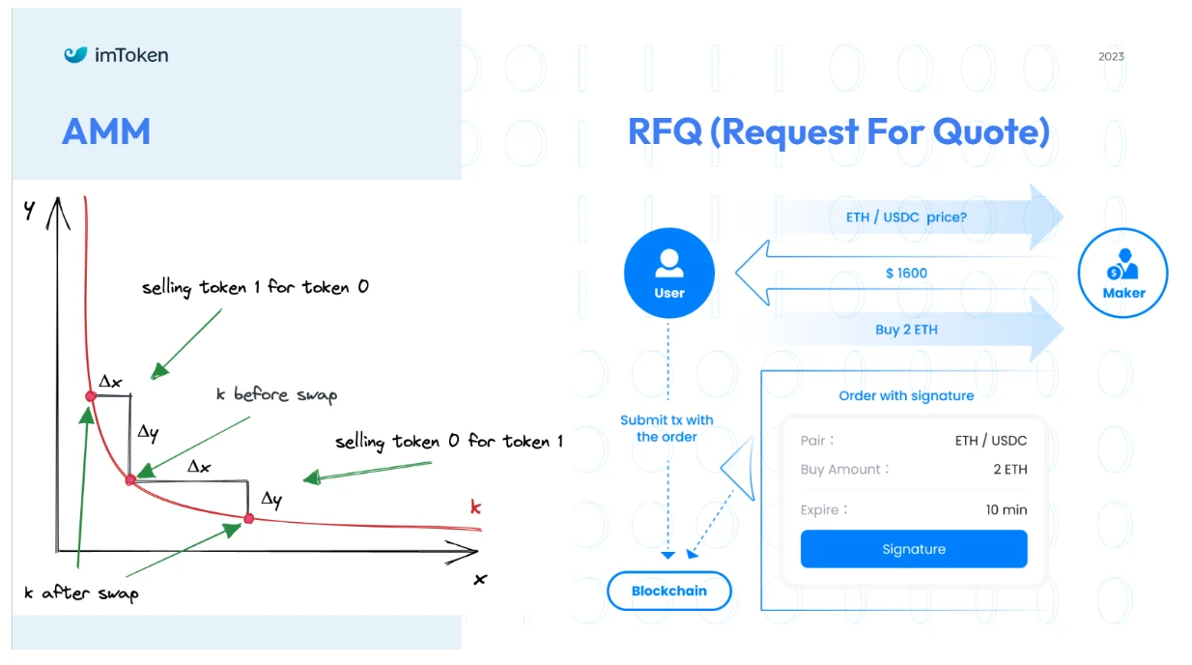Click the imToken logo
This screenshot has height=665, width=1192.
[116, 55]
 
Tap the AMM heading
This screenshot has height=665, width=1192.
[106, 131]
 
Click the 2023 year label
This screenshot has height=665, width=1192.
[1111, 56]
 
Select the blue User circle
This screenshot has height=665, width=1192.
[669, 274]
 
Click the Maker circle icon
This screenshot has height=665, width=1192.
[1123, 274]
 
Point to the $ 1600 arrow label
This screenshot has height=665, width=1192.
[906, 274]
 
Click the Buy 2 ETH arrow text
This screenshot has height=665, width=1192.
[906, 330]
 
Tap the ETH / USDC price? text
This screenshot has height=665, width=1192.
[906, 217]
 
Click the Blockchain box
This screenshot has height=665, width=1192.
[669, 591]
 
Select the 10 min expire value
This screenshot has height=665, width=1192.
[1007, 509]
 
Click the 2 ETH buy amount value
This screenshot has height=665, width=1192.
[1010, 470]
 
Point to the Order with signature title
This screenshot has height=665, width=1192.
[906, 395]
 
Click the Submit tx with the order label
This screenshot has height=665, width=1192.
[667, 428]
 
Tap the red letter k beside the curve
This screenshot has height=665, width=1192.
[475, 506]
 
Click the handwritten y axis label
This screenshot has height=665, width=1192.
[30, 210]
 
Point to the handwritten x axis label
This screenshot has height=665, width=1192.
[479, 579]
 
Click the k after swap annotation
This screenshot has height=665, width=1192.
[81, 593]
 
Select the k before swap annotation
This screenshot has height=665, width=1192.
[276, 395]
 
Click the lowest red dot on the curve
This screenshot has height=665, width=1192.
[248, 519]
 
